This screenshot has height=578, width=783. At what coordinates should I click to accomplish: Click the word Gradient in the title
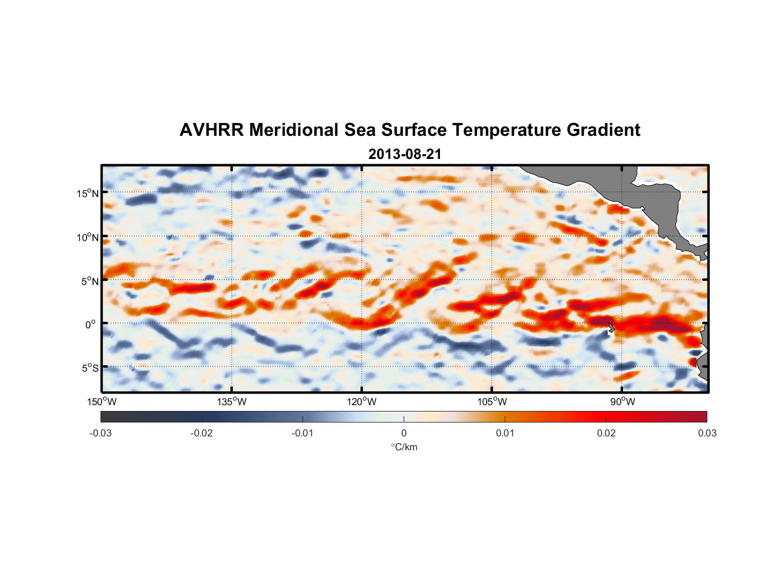[x=603, y=130]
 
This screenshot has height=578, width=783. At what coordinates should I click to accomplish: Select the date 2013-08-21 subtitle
[x=404, y=154]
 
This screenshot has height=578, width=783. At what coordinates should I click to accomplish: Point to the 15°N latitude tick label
[x=88, y=193]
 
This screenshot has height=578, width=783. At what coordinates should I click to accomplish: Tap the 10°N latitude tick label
[x=88, y=237]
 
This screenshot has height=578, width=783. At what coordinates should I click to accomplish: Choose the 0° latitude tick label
[x=91, y=324]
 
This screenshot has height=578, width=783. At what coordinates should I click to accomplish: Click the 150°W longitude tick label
[x=102, y=402]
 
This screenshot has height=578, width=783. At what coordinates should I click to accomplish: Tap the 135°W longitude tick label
[x=232, y=402]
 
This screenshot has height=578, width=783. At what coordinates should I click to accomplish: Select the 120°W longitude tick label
[x=362, y=402]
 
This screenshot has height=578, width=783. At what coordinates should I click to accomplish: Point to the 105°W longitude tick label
[x=492, y=402]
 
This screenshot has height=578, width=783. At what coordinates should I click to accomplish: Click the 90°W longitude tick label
[x=622, y=402]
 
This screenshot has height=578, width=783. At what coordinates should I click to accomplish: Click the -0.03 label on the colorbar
[x=100, y=433]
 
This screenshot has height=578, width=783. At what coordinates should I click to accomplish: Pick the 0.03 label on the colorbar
[x=707, y=433]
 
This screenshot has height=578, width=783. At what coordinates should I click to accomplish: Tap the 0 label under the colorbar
[x=404, y=433]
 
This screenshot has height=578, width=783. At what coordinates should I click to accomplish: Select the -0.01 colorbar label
[x=303, y=433]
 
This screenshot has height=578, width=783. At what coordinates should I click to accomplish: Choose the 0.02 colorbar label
[x=606, y=433]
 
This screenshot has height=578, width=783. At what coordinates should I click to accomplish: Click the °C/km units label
[x=404, y=447]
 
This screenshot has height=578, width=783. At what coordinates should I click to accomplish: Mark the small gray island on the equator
[x=612, y=328]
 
